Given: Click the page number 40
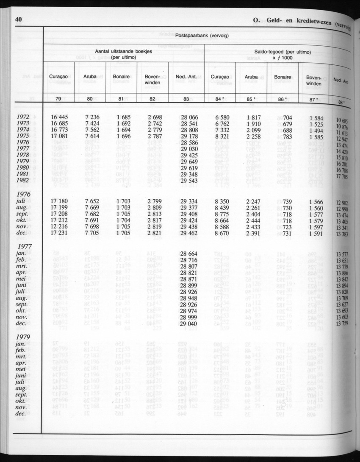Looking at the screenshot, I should (18, 19).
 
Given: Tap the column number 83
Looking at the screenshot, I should (186, 99).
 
